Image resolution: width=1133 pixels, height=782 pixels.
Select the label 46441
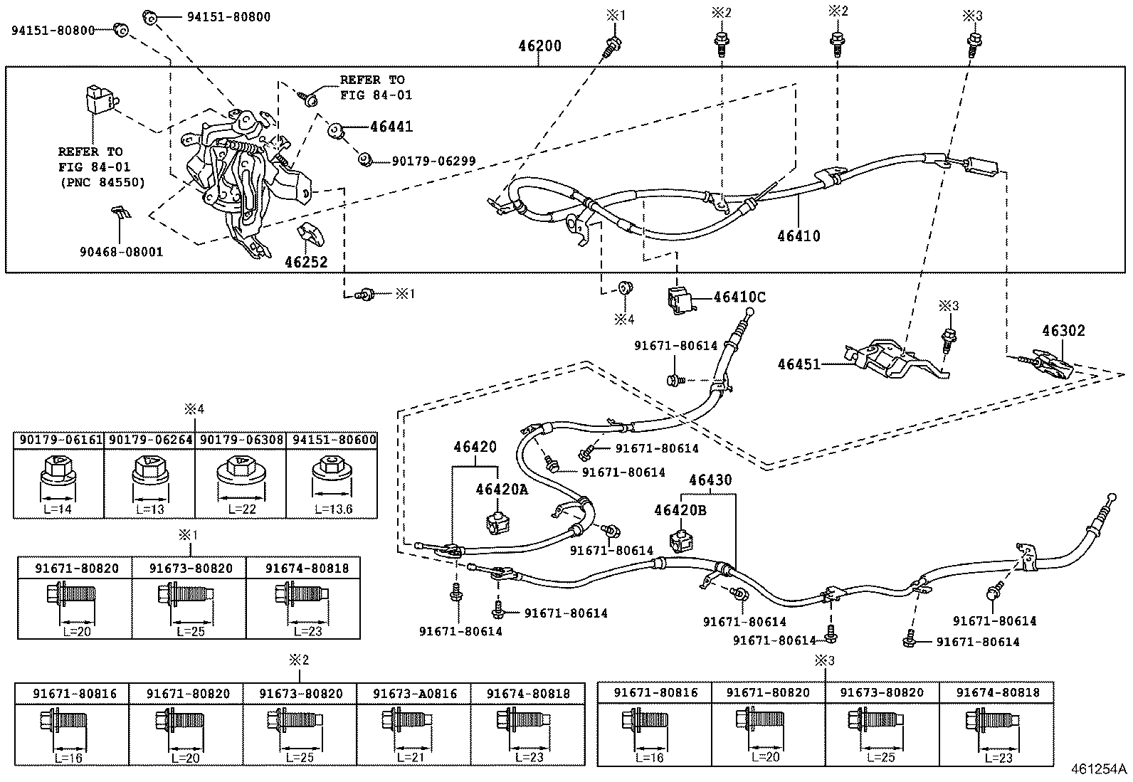391,127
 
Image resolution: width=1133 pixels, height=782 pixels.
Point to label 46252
306,262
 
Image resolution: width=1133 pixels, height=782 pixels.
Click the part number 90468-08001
121,252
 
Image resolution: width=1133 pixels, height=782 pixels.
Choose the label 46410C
739,297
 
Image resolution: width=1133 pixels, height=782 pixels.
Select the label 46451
799,364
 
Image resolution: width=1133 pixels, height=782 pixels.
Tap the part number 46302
1063,331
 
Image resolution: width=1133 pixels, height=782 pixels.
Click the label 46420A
502,490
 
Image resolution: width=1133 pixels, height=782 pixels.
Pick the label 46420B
680,510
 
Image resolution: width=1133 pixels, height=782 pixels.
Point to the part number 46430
710,480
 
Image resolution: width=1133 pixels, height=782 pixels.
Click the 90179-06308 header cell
241,440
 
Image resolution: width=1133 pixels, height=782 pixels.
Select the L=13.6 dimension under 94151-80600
332,509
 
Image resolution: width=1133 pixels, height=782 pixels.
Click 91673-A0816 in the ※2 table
412,694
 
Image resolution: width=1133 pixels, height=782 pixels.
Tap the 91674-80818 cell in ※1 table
302,569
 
